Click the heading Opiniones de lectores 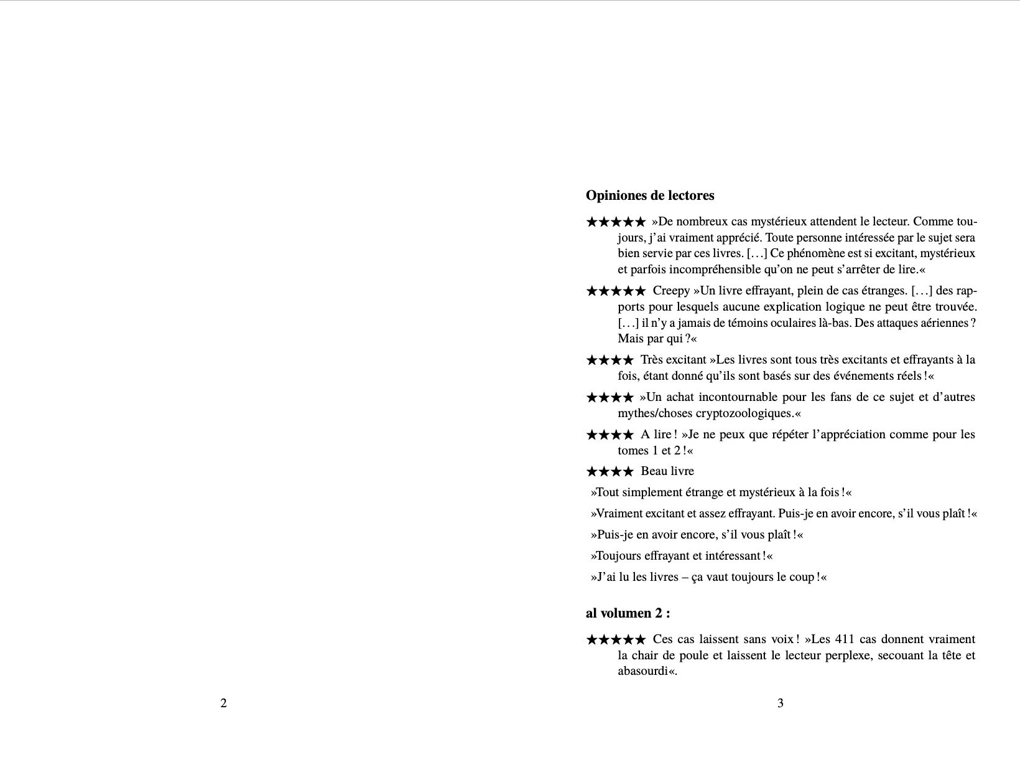(650, 195)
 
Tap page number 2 (224, 703)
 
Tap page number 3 (781, 703)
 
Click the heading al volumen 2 (628, 613)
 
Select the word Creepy (672, 291)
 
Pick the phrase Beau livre (667, 471)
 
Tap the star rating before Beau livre (610, 471)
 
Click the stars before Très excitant (610, 360)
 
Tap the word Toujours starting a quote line (616, 556)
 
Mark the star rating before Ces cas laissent (616, 639)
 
